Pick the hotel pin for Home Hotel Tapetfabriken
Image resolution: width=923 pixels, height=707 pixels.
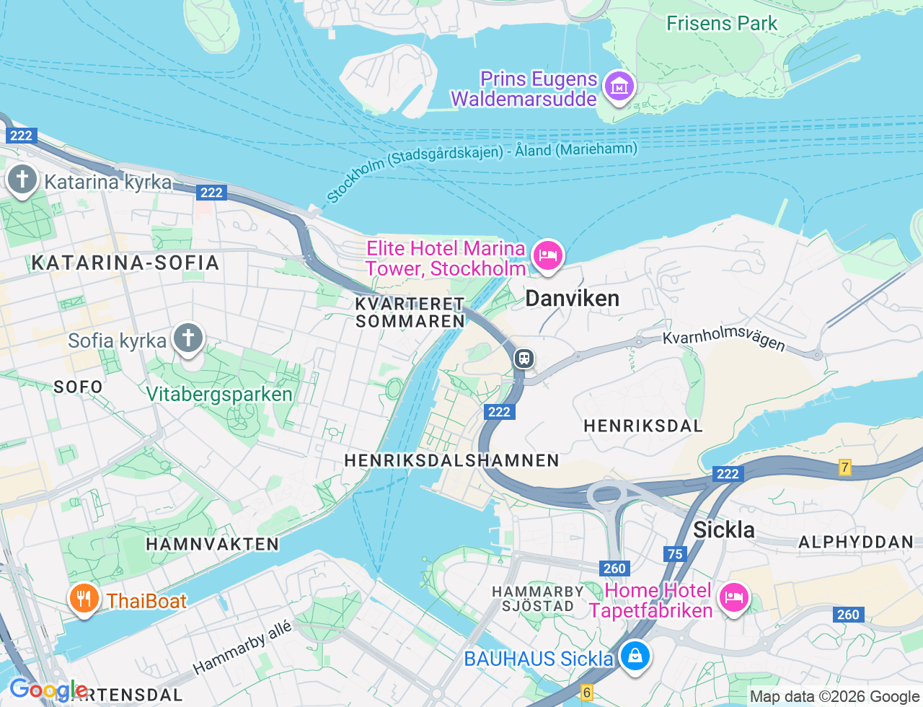click(733, 598)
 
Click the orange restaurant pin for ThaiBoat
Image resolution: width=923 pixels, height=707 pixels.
click(84, 599)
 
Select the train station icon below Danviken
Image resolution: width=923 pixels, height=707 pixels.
click(524, 359)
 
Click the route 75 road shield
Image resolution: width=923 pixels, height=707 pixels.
click(675, 554)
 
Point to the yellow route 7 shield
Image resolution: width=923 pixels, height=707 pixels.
click(845, 467)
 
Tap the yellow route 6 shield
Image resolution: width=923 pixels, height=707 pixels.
click(587, 693)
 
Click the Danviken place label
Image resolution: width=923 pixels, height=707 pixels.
click(572, 299)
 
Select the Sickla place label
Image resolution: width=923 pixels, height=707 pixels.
click(723, 530)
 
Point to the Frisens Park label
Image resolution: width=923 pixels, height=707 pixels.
click(721, 24)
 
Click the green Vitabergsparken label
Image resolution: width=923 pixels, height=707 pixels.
click(219, 395)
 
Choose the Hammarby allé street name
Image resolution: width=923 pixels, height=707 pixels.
click(242, 647)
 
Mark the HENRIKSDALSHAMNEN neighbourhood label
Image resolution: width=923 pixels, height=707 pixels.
click(451, 460)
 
